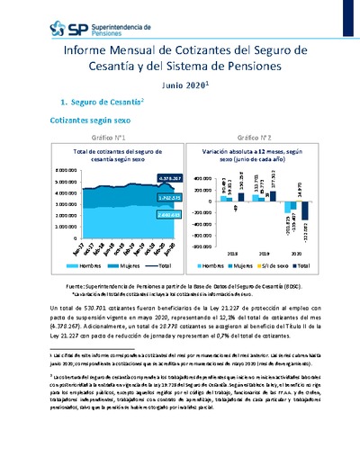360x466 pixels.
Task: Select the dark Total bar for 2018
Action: click(227, 192)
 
